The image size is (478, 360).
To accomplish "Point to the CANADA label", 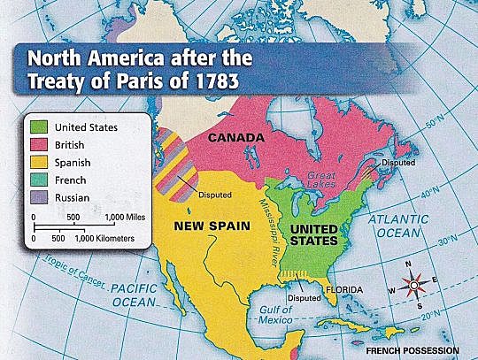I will (x=237, y=139).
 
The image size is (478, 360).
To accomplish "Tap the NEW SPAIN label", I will (x=207, y=227).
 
